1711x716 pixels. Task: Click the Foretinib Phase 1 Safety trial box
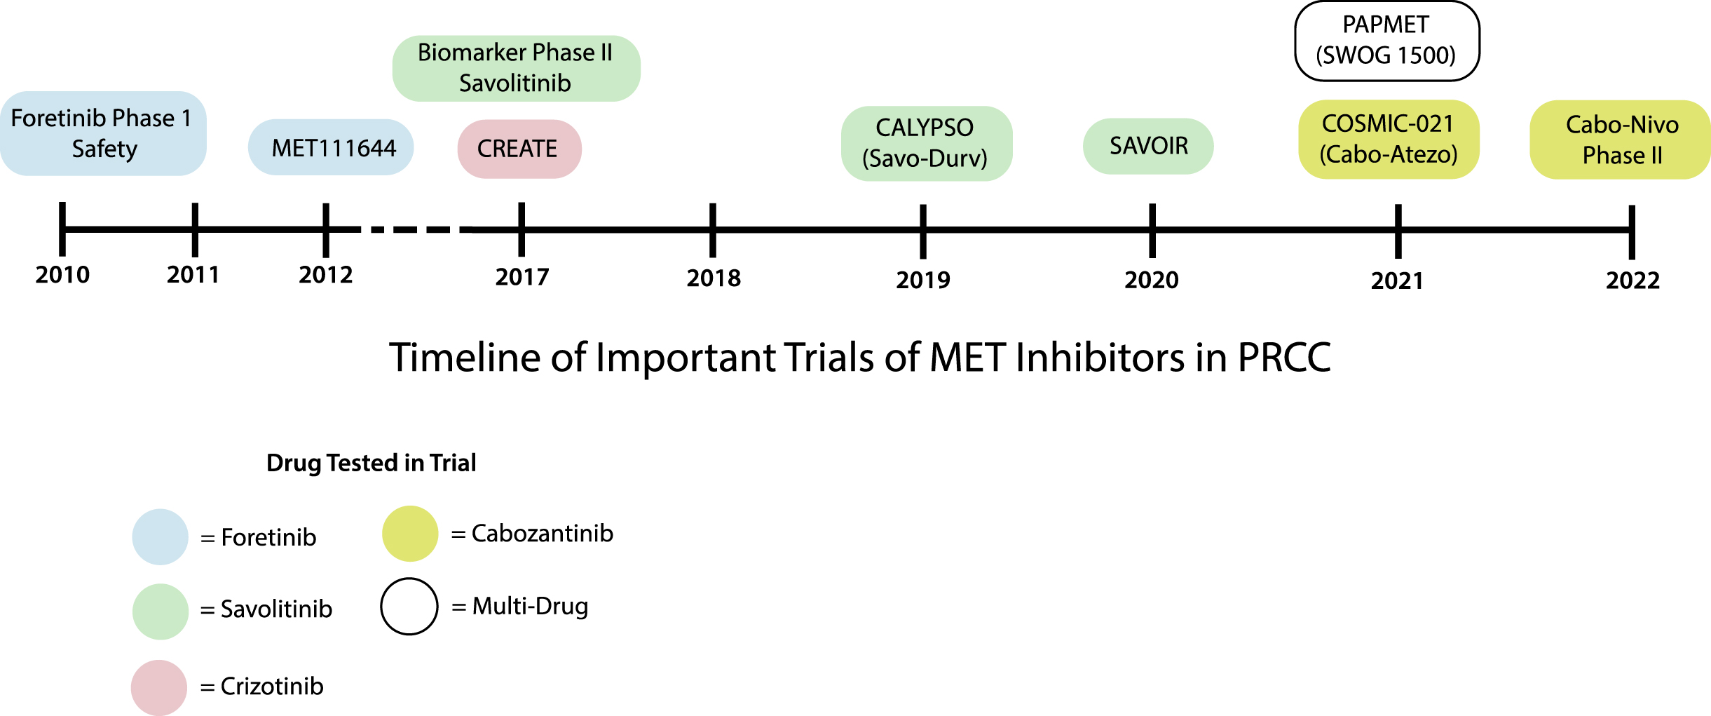(103, 133)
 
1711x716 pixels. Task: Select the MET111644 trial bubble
(331, 147)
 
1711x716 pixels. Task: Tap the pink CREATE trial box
(519, 149)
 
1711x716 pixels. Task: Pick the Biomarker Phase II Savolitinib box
(516, 69)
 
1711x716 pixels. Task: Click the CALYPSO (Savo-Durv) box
(927, 143)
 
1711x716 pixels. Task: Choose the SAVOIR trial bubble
(1148, 146)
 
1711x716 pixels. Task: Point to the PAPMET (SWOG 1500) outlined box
(1387, 41)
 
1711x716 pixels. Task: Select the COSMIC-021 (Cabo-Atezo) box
(1389, 140)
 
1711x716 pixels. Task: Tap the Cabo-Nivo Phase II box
(1621, 140)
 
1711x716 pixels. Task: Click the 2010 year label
(62, 274)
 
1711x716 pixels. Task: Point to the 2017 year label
(522, 277)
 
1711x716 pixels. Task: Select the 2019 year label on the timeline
(923, 280)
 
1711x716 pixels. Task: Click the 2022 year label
(1633, 281)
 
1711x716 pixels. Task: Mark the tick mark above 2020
(1152, 231)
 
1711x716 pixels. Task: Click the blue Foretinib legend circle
(161, 536)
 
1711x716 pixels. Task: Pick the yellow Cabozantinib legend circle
(410, 534)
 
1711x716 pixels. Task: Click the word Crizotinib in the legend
(272, 686)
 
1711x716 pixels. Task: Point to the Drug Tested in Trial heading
(371, 463)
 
